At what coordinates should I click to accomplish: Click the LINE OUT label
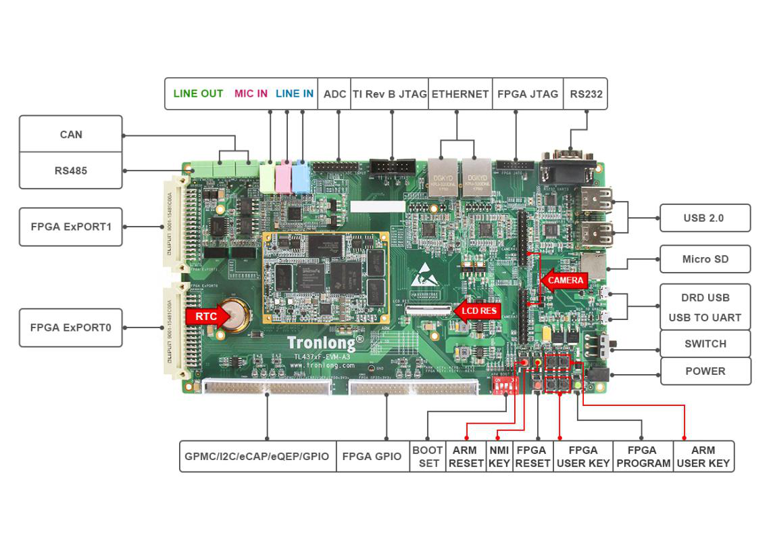point(198,93)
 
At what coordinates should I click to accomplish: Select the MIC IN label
point(251,93)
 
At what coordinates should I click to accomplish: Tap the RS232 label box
point(585,93)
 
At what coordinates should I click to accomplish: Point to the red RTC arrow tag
point(204,316)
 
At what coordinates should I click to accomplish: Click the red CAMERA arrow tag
point(564,280)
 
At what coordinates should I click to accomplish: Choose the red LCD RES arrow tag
point(478,311)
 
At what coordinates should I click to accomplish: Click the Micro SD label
point(705,259)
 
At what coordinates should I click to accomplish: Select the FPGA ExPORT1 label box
point(71,227)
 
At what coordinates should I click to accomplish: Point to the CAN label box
point(71,134)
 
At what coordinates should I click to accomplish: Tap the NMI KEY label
point(499,457)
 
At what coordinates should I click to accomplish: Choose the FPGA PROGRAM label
point(642,457)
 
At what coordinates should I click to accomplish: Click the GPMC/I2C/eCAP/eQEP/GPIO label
point(257,457)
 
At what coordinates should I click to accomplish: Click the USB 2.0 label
point(703,218)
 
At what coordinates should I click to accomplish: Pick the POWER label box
point(705,371)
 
